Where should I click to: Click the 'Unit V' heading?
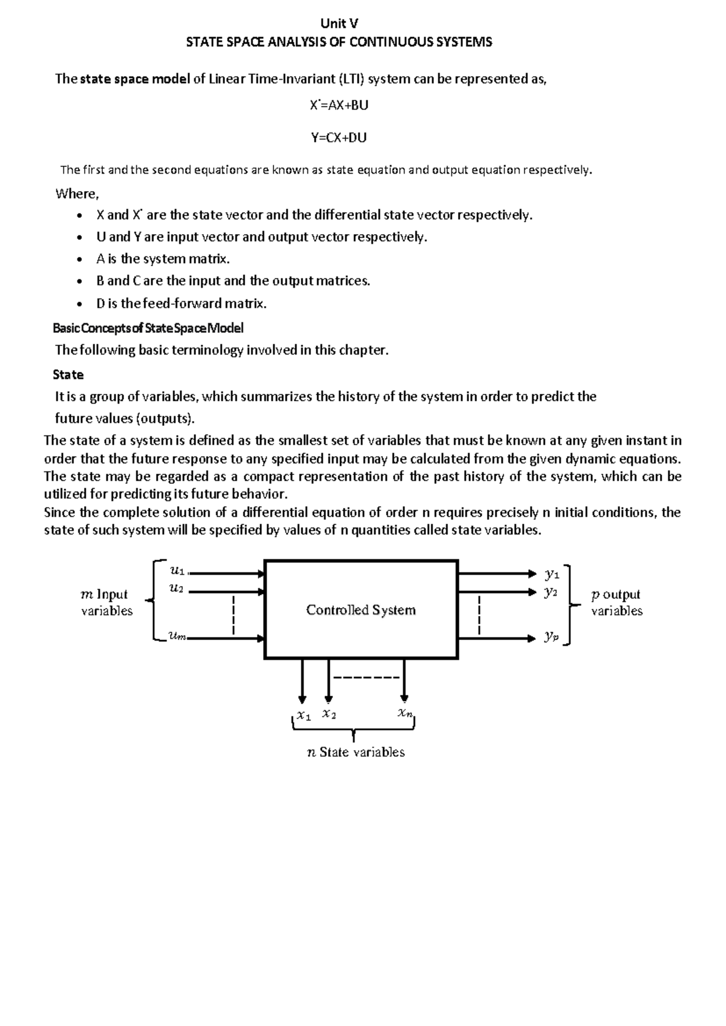[x=339, y=24]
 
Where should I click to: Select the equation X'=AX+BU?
[x=339, y=105]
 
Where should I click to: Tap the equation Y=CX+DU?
[x=339, y=137]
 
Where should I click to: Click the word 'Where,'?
[x=76, y=194]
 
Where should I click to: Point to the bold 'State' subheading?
[x=68, y=374]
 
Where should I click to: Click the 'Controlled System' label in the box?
[x=361, y=610]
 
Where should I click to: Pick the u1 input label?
[x=177, y=569]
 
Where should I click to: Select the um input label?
[x=178, y=635]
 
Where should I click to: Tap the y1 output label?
[x=551, y=573]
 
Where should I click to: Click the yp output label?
[x=551, y=636]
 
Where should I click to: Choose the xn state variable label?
[x=405, y=713]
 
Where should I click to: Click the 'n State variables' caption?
[x=356, y=752]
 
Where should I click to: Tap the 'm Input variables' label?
[x=106, y=603]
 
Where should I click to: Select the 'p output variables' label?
[x=616, y=603]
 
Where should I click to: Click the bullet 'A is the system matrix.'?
[x=163, y=259]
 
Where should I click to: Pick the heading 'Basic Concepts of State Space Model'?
[x=148, y=328]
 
